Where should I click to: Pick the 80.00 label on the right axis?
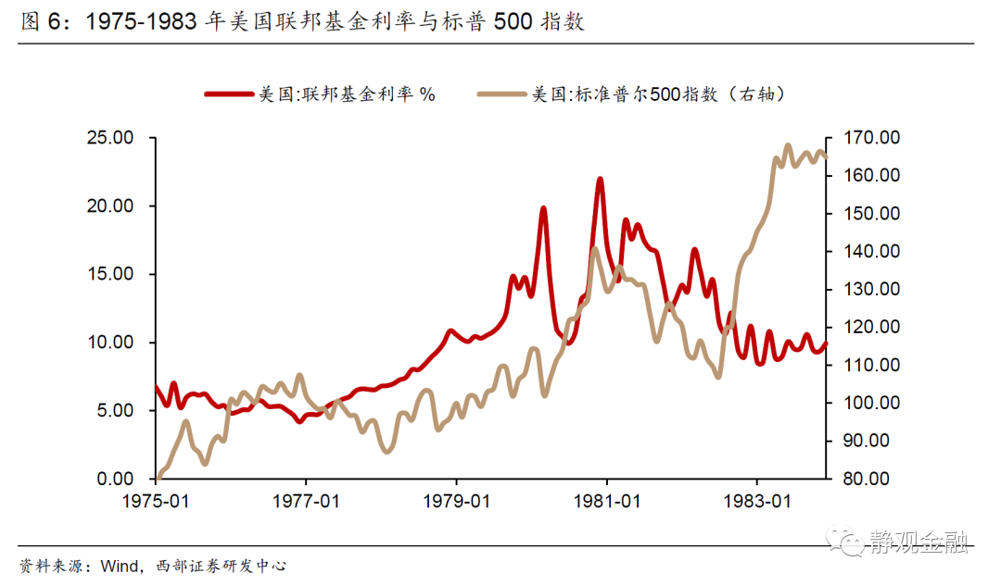tap(866, 479)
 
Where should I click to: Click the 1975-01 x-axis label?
tap(155, 502)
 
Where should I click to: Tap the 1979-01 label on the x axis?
tap(456, 502)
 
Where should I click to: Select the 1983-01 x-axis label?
tap(757, 502)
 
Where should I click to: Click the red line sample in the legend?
tap(228, 94)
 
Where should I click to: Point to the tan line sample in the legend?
tap(501, 94)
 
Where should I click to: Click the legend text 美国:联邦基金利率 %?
tap(347, 94)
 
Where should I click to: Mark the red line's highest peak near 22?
tap(600, 179)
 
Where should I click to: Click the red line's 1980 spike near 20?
tap(543, 208)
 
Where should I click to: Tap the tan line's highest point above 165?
tap(788, 145)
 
